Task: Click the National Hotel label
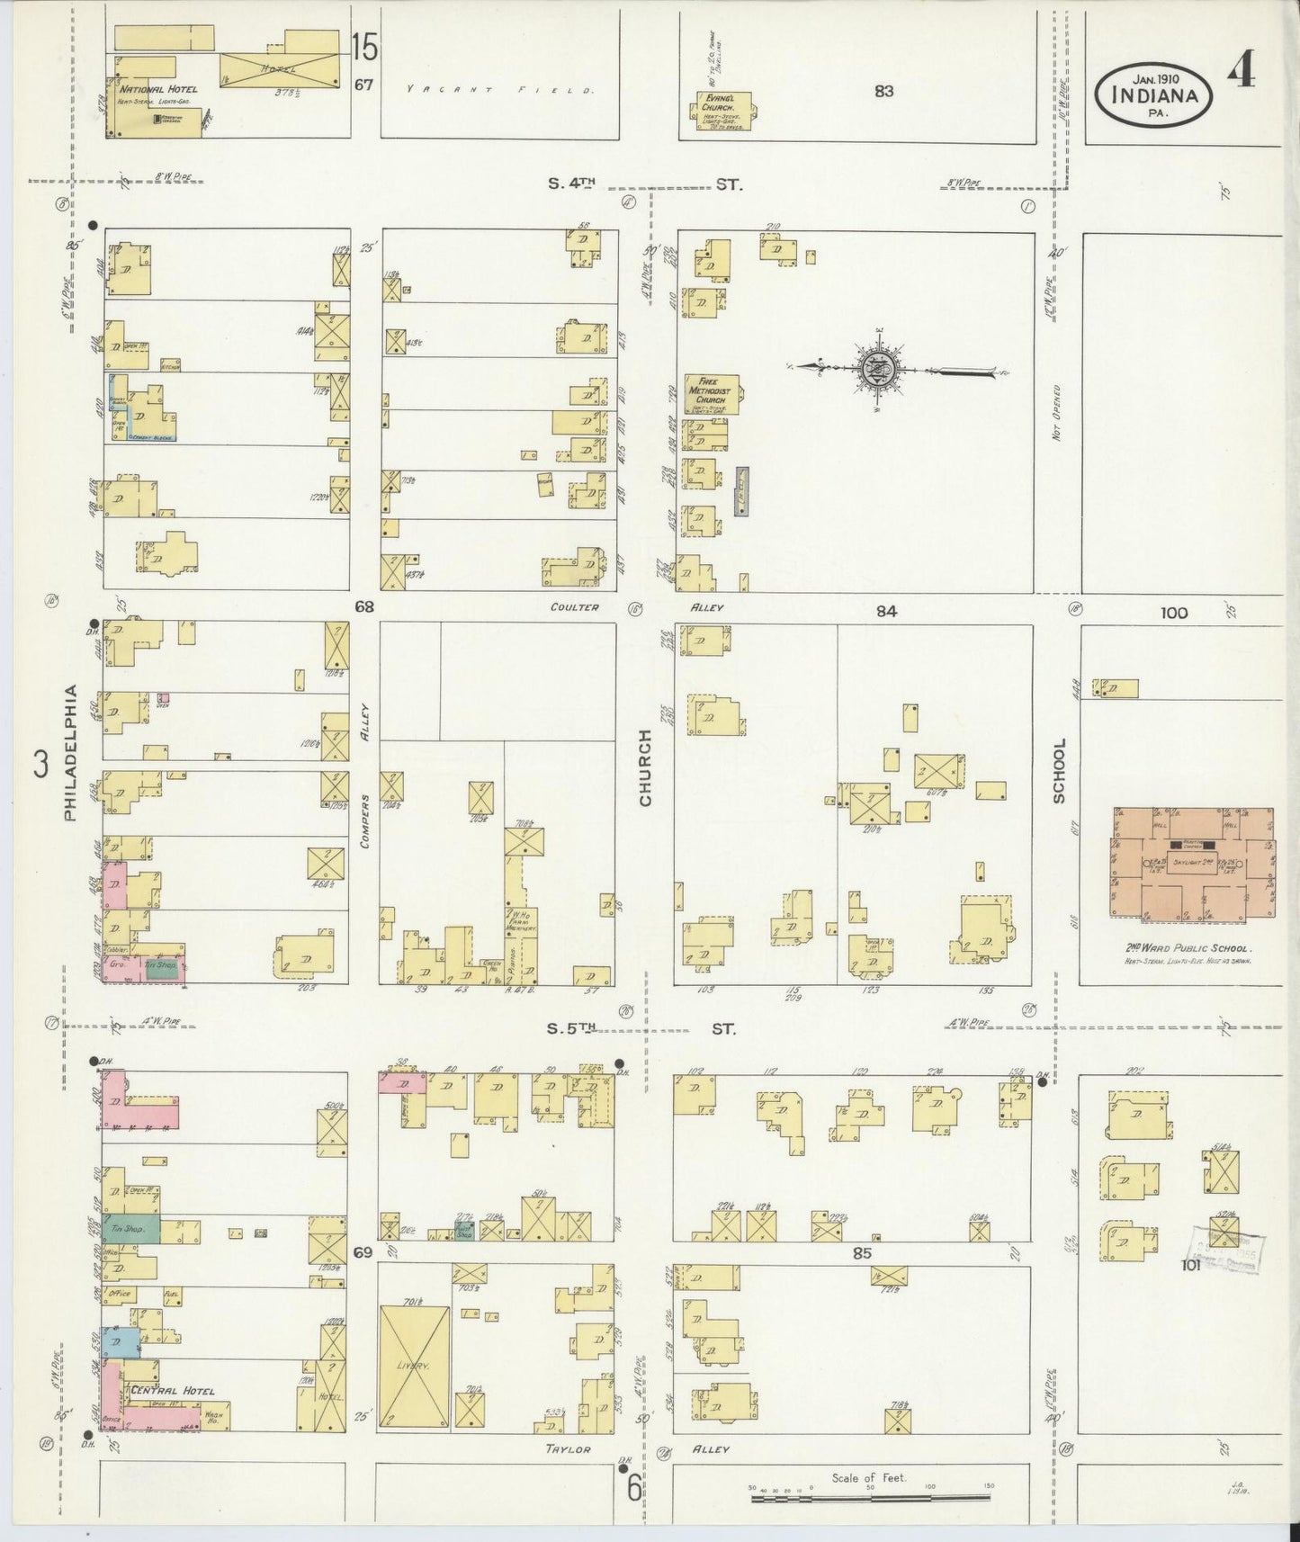click(x=157, y=89)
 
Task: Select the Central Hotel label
click(x=173, y=1391)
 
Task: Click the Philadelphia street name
click(x=71, y=752)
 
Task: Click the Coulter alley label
click(x=575, y=607)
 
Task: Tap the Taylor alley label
click(x=568, y=1449)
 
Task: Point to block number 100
click(x=1173, y=614)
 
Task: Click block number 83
click(x=883, y=91)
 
